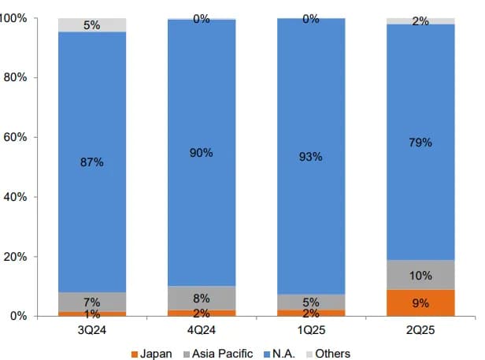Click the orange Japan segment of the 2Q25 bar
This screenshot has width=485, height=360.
click(420, 303)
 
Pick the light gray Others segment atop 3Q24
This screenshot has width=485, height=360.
click(92, 25)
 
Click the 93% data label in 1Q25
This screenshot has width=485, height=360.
click(311, 157)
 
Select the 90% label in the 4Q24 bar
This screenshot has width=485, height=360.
click(202, 153)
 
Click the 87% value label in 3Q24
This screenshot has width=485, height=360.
click(92, 161)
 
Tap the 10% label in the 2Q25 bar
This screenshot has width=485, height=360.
click(420, 276)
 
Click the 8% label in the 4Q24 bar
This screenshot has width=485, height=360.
click(202, 299)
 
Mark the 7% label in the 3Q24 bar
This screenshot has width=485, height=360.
click(92, 302)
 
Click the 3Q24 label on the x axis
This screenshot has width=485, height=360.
click(92, 330)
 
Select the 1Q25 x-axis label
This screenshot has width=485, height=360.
click(311, 330)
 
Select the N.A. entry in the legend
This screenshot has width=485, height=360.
click(283, 354)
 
